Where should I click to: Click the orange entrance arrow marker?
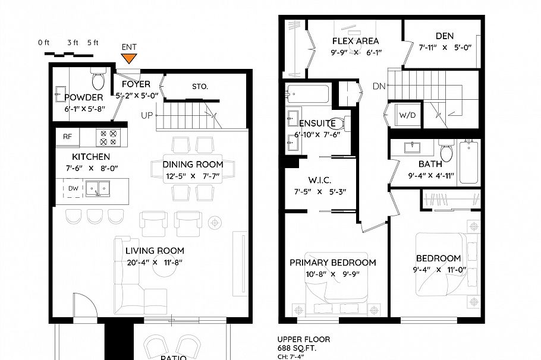129,58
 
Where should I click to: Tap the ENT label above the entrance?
129,47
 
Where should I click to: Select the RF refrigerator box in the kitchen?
67,137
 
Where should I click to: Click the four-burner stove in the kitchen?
108,137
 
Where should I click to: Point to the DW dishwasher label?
73,188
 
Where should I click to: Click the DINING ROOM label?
193,165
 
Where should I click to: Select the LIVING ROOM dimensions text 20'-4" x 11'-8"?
155,263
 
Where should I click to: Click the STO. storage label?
200,87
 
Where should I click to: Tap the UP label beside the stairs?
147,115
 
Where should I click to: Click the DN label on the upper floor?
379,86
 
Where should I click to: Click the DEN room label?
445,36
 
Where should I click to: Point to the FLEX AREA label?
356,41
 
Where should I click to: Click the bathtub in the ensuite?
307,94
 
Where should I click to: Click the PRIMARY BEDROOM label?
332,263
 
